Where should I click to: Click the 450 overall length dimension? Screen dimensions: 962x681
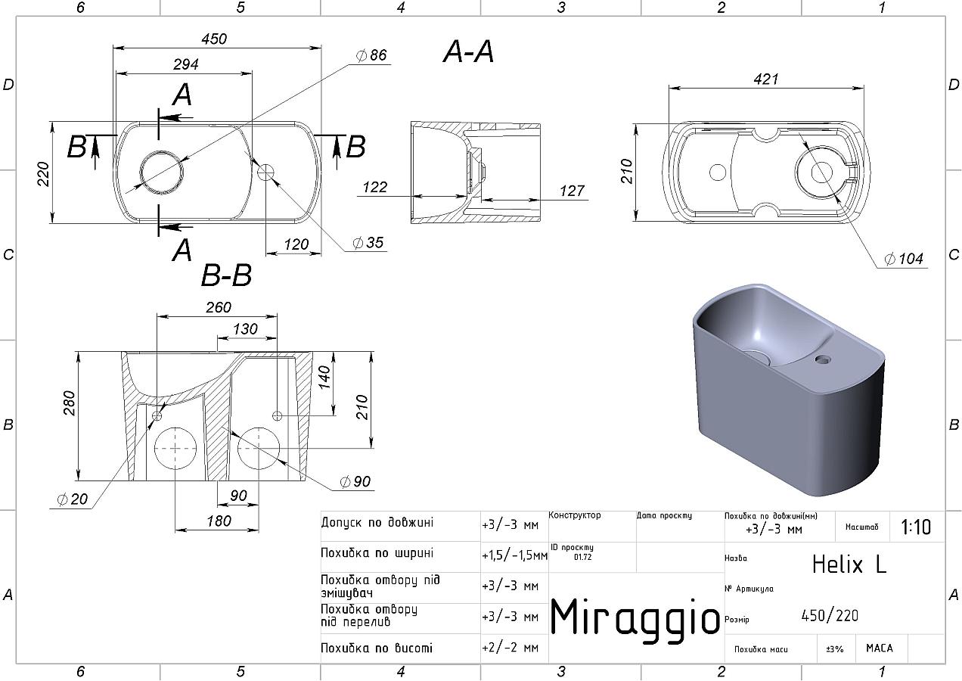(214, 39)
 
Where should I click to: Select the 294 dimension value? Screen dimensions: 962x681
(186, 64)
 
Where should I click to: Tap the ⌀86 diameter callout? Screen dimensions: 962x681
(371, 55)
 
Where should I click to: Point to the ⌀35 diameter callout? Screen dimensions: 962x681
(368, 243)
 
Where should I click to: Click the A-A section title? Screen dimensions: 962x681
(468, 52)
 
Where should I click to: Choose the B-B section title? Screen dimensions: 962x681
(226, 275)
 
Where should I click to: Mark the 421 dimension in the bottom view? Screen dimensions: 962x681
(765, 79)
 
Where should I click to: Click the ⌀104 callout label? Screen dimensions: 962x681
(904, 259)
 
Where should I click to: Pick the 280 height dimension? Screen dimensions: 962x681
(69, 403)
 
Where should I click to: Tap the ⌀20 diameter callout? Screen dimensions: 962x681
(72, 499)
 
